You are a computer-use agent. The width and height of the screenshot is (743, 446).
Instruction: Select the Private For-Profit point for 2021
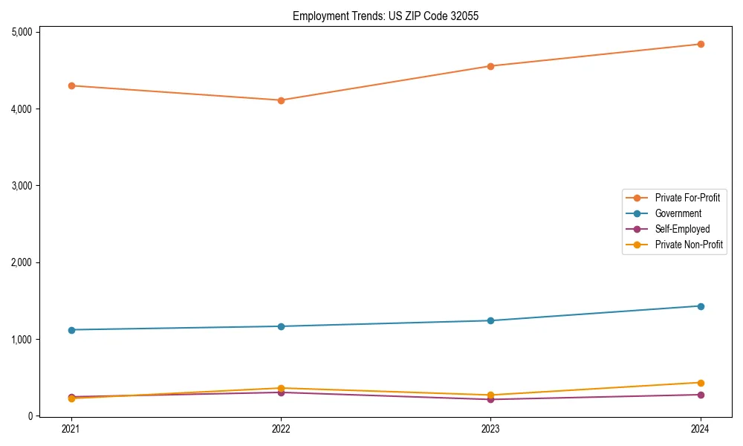coord(71,85)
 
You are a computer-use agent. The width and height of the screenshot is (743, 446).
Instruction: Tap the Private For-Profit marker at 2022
coord(281,100)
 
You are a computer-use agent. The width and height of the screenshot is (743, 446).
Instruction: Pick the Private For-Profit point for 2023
coord(490,66)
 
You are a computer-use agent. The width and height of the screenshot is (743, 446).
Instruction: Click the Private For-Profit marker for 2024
coord(700,44)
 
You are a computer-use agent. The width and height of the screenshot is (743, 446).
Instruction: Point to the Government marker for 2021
coord(71,330)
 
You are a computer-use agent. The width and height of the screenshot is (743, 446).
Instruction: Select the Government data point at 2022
coord(281,326)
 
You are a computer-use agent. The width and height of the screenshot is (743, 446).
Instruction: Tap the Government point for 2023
coord(490,320)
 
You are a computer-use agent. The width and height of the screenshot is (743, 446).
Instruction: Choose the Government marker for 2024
coord(700,306)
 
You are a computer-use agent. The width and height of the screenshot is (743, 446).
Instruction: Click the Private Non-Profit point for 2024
coord(700,383)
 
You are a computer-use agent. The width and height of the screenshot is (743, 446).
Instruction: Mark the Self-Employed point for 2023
coord(490,399)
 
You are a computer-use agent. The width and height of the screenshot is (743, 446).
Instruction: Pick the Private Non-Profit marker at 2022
coord(281,388)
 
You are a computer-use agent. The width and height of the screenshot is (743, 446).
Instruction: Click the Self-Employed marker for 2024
coord(700,395)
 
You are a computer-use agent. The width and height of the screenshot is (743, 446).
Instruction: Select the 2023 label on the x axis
coord(490,428)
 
